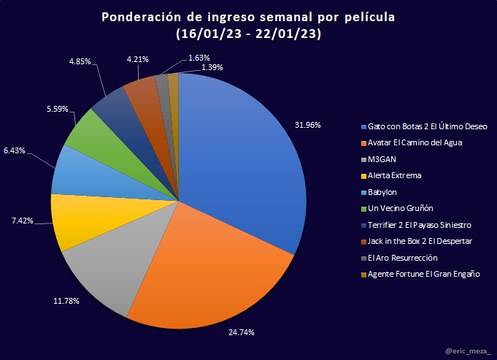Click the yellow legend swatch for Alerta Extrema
(363, 175)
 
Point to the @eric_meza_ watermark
(468, 351)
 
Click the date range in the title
(248, 34)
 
